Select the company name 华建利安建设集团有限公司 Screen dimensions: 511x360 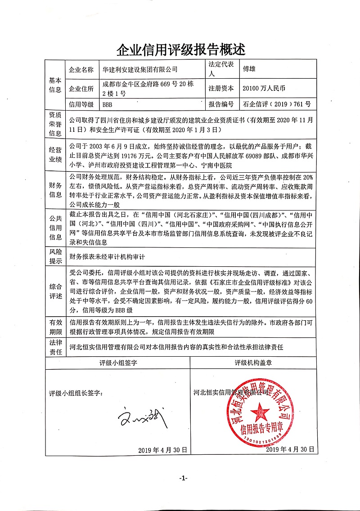pos(140,70)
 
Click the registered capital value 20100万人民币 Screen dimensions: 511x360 pos(264,88)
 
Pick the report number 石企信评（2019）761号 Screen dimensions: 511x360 pos(276,104)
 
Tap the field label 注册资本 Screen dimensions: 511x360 pos(221,88)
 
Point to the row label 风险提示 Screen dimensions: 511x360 pos(55,257)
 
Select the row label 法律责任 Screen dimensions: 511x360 pos(55,347)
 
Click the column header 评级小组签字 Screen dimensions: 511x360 pos(118,363)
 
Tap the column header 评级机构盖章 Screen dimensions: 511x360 pos(253,363)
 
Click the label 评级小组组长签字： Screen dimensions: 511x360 pos(76,393)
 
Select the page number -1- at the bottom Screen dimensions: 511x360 pos(183,477)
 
